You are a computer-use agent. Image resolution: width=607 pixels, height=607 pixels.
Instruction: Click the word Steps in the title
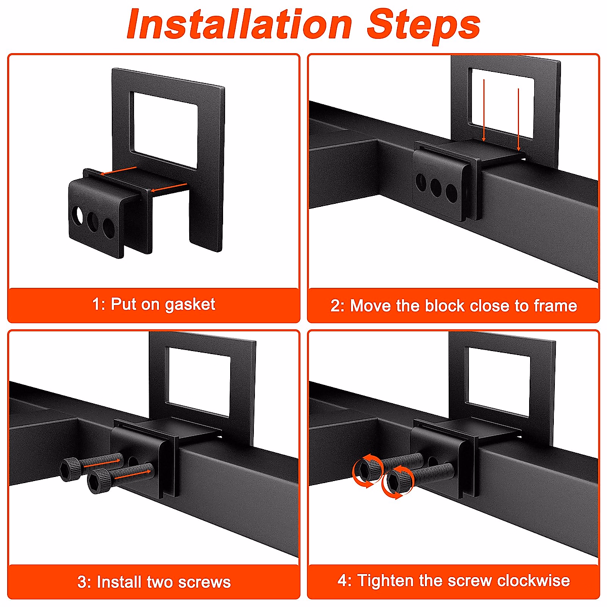(424, 26)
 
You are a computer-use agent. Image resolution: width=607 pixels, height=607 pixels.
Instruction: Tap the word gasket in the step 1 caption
(190, 305)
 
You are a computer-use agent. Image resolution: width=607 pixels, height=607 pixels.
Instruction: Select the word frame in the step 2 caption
(555, 306)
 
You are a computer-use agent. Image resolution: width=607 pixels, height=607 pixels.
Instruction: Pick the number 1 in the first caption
(96, 305)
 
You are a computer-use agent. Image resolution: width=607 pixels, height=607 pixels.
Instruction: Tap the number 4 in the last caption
(342, 580)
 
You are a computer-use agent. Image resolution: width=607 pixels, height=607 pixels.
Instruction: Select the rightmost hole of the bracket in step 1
(109, 228)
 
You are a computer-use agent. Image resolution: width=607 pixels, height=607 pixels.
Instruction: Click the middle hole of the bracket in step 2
(436, 188)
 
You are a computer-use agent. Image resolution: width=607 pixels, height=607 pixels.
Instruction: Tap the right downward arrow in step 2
(518, 120)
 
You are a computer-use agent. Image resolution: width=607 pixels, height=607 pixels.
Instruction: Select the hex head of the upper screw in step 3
(69, 469)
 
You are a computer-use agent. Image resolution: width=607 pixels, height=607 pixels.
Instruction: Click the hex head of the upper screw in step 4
(369, 469)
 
